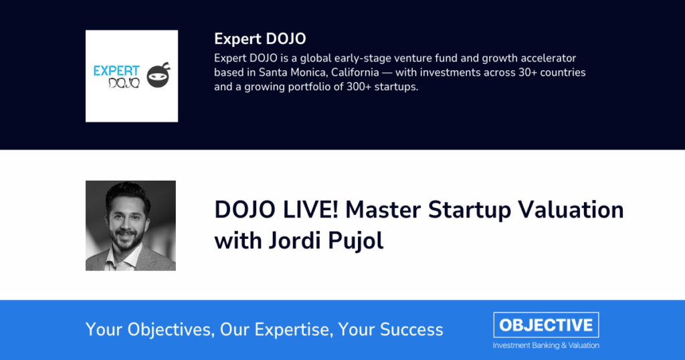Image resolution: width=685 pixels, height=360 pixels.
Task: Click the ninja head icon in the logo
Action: click(159, 75)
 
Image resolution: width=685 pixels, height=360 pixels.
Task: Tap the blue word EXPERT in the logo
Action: click(116, 71)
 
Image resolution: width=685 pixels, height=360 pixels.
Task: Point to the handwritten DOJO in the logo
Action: click(124, 82)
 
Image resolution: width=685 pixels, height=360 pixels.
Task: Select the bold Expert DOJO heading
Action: click(260, 39)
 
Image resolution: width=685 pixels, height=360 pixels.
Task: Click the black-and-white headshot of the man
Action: click(130, 226)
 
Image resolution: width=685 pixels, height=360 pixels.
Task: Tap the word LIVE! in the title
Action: click(310, 209)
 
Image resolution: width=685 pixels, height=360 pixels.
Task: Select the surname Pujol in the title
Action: click(356, 241)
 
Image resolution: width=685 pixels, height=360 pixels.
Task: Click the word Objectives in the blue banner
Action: click(171, 329)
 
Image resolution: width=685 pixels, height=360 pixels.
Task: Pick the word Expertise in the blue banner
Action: click(294, 329)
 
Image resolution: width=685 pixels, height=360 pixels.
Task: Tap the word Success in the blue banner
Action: click(411, 329)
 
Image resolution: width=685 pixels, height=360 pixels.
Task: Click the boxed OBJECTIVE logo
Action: click(546, 325)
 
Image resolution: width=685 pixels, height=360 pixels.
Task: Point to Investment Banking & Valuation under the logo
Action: click(546, 345)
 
